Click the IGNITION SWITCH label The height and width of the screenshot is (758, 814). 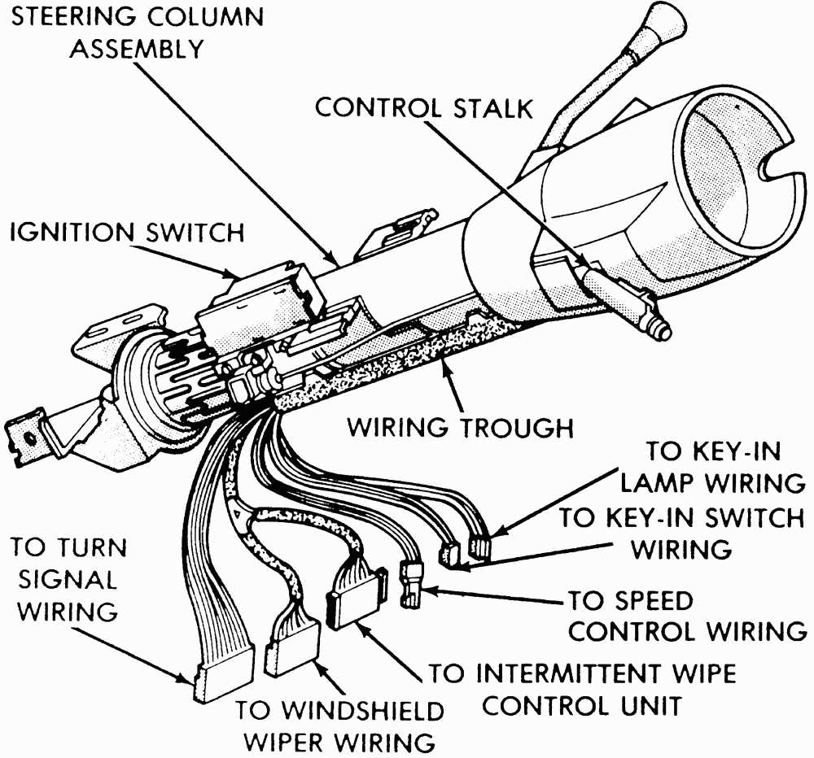126,233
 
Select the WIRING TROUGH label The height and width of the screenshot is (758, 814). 461,427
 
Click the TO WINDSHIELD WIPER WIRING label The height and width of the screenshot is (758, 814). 340,725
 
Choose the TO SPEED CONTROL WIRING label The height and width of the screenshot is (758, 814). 685,616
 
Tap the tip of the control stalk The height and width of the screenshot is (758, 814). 662,330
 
